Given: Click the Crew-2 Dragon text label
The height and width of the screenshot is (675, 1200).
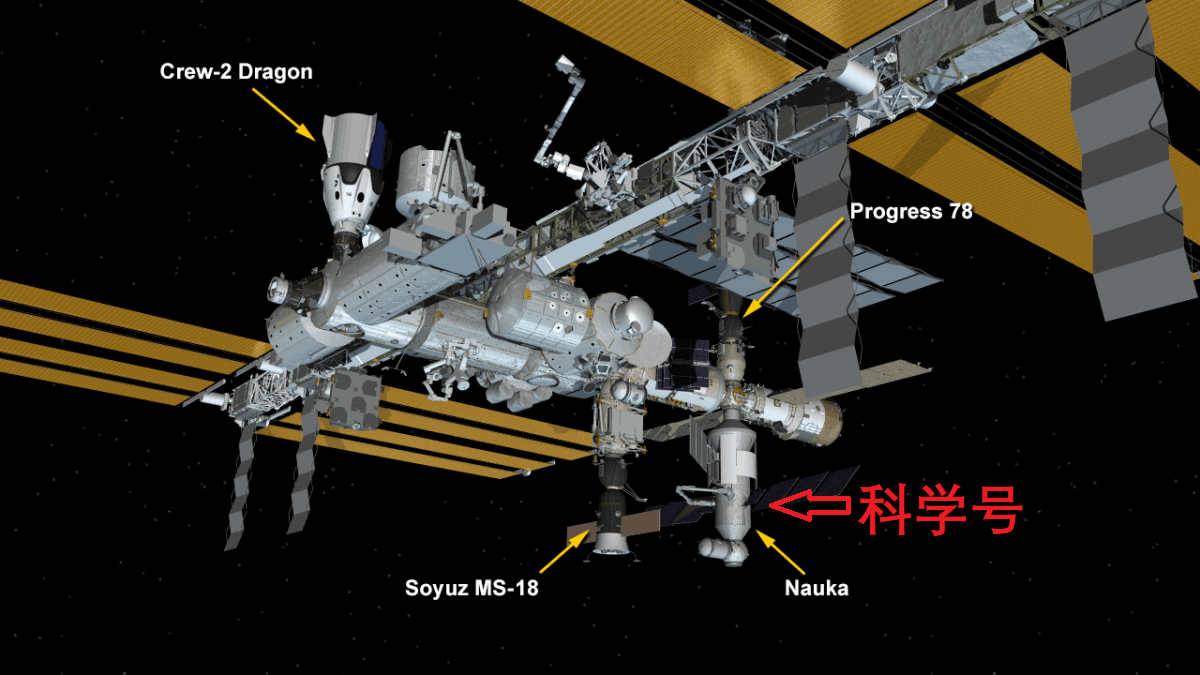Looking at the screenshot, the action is [x=236, y=72].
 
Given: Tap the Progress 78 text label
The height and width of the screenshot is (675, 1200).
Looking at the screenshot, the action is [x=911, y=212].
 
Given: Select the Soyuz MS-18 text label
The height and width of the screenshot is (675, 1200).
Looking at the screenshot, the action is [x=471, y=588].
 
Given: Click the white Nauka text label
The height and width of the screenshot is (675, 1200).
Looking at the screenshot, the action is [x=816, y=588].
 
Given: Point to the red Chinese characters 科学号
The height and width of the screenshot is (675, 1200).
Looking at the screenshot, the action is [x=941, y=510].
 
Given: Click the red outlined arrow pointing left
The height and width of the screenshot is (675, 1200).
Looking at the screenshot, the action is [x=809, y=505].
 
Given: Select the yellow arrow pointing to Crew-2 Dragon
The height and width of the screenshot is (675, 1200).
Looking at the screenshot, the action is [x=284, y=115].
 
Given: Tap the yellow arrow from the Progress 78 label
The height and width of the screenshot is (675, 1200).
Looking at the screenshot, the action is [x=793, y=268].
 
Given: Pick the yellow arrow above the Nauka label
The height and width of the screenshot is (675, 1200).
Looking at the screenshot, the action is [x=780, y=552].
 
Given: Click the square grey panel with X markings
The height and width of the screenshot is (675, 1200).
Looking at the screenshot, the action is [x=355, y=399].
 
